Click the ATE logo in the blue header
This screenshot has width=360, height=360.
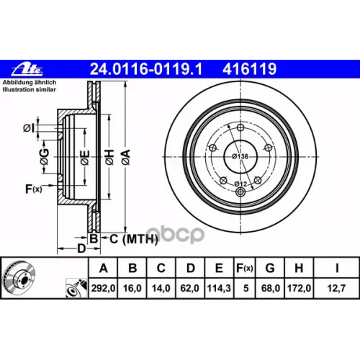(23, 68)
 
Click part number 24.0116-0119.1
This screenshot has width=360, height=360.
(143, 69)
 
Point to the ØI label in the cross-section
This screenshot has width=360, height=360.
(29, 129)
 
